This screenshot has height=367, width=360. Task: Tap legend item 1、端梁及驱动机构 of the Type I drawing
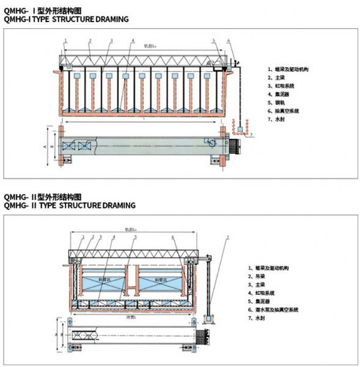click(x=288, y=70)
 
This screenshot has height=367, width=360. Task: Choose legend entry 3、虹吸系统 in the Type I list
click(x=282, y=86)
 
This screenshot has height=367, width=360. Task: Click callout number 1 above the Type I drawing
click(x=65, y=41)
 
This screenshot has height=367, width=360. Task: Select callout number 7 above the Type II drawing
click(x=227, y=236)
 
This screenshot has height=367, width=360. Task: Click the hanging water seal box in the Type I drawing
click(x=242, y=130)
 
